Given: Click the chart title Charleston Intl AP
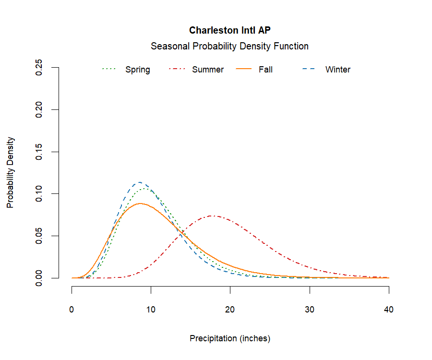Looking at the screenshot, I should (229, 30).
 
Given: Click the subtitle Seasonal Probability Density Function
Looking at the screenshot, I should (229, 47).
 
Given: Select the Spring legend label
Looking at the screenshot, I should (138, 70).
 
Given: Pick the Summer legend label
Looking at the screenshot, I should (208, 70).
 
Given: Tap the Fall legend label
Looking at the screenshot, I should (265, 70).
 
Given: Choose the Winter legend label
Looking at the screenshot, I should (338, 70).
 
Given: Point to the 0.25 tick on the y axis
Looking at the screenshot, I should (40, 68).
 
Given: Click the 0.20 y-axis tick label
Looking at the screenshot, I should (40, 109).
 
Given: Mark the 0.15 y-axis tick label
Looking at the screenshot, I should (40, 152).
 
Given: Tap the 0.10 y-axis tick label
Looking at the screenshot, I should (40, 193).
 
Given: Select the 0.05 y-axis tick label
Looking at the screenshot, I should (40, 236).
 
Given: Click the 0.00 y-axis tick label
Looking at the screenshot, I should (40, 278).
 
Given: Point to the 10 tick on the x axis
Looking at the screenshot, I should (151, 310).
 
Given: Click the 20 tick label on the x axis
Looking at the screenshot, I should (230, 310).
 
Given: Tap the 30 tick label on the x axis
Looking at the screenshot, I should (310, 310).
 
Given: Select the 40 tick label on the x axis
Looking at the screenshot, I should (389, 310).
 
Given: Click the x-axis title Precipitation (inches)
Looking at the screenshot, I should (230, 338).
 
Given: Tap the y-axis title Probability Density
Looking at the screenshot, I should (11, 173).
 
